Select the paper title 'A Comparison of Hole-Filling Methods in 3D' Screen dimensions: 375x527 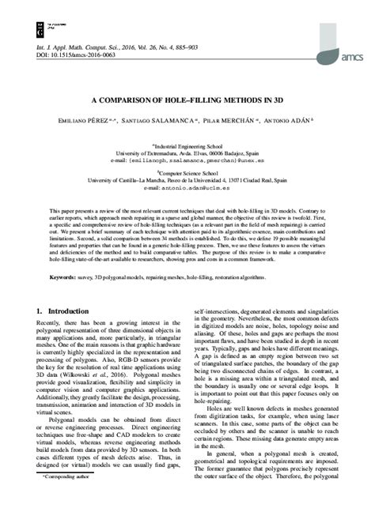pyautogui.click(x=187, y=102)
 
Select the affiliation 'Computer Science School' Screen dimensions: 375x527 pyautogui.click(x=187, y=172)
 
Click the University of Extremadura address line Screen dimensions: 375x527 pyautogui.click(x=187, y=152)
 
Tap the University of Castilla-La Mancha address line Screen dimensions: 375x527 pyautogui.click(x=187, y=180)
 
